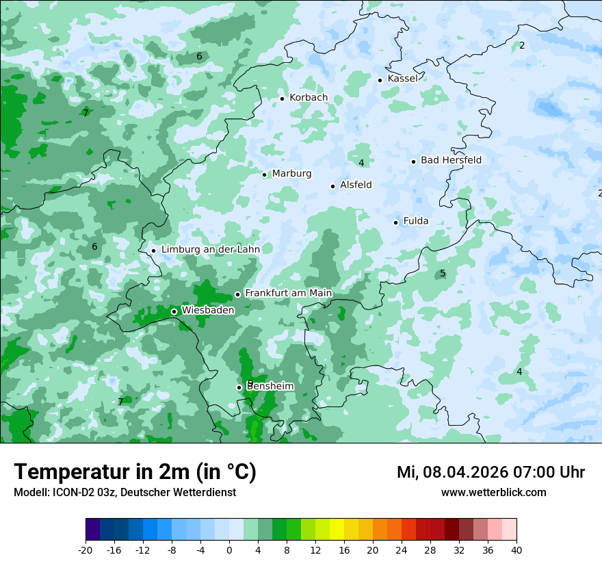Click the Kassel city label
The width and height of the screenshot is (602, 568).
(402, 79)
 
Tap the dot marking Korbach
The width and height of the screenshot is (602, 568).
(282, 99)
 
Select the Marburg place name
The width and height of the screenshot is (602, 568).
(291, 174)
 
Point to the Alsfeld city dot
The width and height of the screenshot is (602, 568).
(333, 186)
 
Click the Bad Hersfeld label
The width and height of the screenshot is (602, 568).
(451, 160)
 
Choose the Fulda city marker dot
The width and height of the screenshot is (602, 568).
(396, 222)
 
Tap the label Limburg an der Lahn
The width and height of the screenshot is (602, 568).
(210, 250)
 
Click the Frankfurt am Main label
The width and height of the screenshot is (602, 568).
(288, 294)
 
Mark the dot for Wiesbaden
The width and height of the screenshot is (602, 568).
(174, 311)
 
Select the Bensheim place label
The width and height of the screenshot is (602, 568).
(270, 387)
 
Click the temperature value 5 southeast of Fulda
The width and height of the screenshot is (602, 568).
(443, 274)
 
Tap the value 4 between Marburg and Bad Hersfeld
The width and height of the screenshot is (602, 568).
(361, 163)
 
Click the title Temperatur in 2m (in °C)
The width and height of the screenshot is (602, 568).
(135, 472)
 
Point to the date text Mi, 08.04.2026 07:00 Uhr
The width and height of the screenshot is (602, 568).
(490, 472)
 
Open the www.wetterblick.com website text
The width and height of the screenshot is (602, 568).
(493, 493)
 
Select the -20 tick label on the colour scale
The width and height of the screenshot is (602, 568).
(86, 550)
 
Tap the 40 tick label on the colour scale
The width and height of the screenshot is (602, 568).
(516, 550)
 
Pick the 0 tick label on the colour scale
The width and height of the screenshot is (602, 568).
(229, 550)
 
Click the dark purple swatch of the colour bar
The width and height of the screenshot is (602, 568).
(93, 530)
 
